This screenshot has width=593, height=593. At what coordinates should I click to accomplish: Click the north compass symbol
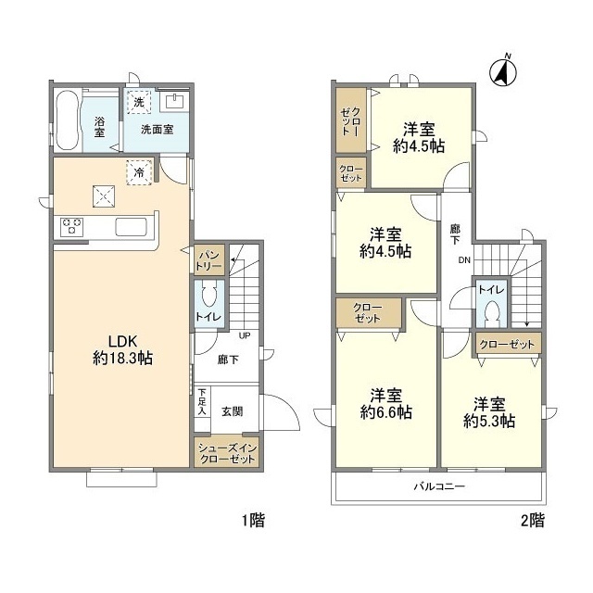click(504, 72)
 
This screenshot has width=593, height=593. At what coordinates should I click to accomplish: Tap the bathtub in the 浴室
click(68, 120)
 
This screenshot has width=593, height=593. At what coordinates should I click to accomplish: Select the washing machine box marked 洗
click(139, 102)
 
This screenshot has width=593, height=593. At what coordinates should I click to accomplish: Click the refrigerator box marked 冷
click(139, 172)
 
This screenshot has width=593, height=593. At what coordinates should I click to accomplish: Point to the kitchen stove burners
click(72, 227)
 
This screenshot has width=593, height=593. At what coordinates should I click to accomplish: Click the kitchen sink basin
click(131, 227)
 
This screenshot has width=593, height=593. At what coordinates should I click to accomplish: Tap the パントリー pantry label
click(208, 260)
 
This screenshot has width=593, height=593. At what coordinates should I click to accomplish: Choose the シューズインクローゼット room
click(227, 452)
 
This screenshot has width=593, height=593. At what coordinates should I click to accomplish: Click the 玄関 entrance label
click(233, 411)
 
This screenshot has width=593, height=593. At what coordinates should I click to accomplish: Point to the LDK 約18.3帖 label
click(122, 349)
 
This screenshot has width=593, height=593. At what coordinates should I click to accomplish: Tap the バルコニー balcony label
click(438, 486)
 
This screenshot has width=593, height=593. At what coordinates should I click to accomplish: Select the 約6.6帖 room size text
click(386, 412)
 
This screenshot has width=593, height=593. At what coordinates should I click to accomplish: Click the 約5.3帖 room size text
click(489, 421)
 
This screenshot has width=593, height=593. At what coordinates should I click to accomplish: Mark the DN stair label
click(464, 260)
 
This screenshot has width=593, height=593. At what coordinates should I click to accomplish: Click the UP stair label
click(245, 335)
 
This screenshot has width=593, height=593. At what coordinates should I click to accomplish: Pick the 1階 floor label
click(253, 521)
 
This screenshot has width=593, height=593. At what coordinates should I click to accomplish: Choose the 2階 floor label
click(533, 521)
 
